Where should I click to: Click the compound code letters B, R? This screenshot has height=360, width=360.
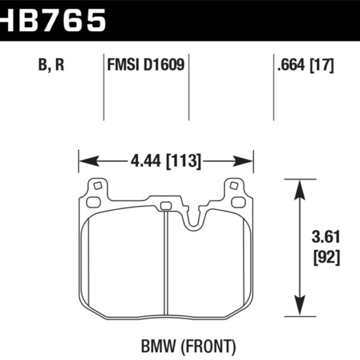tap(51, 65)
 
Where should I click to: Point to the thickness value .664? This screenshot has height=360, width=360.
tap(292, 65)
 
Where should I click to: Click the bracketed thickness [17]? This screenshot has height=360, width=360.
tap(322, 65)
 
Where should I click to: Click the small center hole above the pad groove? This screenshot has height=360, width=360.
tap(166, 206)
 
